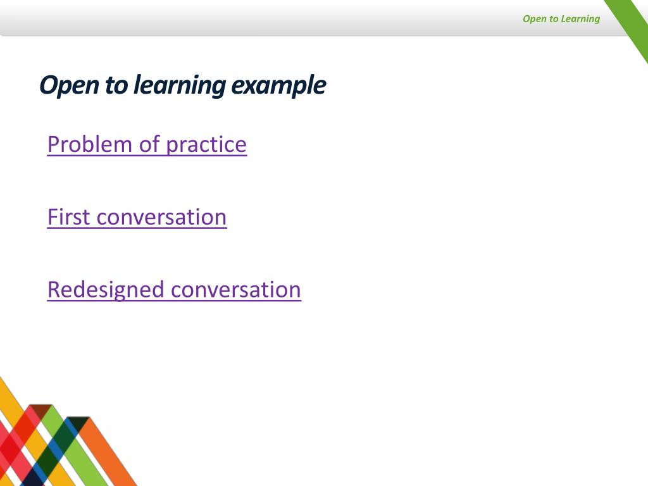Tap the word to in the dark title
[x=116, y=85]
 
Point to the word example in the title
[x=278, y=85]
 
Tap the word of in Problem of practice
[x=149, y=144]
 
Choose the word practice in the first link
[x=206, y=144]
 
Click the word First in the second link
[x=69, y=217]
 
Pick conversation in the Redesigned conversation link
[x=236, y=290]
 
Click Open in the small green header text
[x=534, y=18]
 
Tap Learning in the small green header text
[x=580, y=18]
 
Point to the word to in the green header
[x=554, y=18]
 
